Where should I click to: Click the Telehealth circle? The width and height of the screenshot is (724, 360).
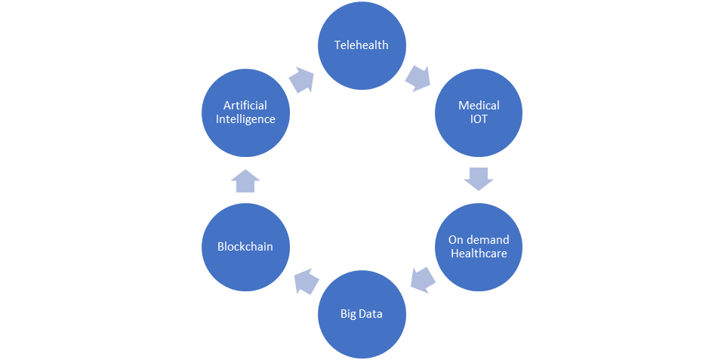coord(362,45)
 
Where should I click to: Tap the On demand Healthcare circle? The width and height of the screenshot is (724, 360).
coord(479,247)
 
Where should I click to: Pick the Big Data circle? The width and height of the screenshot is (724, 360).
coord(362,314)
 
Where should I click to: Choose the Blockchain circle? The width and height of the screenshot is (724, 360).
coord(245,247)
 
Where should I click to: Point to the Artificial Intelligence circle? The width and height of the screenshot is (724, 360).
coord(245,112)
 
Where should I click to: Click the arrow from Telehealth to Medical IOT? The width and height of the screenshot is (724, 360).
coord(417,77)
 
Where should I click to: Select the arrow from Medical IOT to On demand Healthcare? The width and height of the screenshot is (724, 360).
coord(479,180)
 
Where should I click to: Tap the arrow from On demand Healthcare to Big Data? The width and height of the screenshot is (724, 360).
coord(423,282)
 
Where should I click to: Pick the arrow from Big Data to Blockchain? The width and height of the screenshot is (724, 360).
coord(305,282)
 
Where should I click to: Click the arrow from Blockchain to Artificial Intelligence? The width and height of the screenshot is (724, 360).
coord(245,180)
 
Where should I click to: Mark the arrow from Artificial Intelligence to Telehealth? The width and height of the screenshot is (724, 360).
coord(302,78)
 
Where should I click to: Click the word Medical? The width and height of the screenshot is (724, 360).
coord(479,106)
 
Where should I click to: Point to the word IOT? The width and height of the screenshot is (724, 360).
coord(479,119)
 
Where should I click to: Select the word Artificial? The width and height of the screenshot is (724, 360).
coord(245,106)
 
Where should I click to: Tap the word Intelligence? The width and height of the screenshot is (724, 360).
coord(245,119)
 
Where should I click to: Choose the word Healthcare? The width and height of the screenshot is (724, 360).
coord(479,254)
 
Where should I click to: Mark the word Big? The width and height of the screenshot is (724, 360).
coord(348,314)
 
